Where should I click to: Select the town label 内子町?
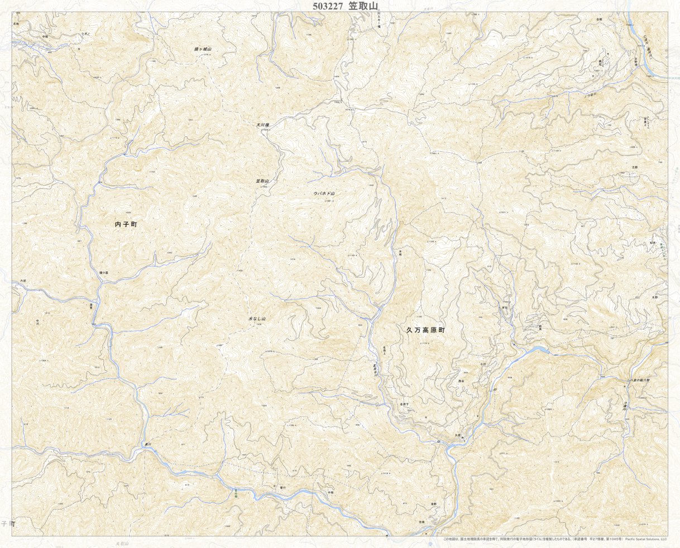(x=126, y=224)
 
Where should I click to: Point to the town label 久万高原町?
(x=425, y=330)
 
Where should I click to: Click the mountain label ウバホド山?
(x=327, y=193)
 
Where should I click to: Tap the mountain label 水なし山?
(x=257, y=319)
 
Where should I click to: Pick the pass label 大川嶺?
(x=264, y=125)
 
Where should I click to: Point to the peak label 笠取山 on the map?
(x=262, y=181)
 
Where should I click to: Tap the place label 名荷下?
(x=406, y=403)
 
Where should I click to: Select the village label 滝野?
(x=433, y=504)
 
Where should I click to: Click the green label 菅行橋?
(x=237, y=491)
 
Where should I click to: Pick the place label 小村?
(x=483, y=364)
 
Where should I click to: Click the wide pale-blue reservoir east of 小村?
(x=533, y=351)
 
